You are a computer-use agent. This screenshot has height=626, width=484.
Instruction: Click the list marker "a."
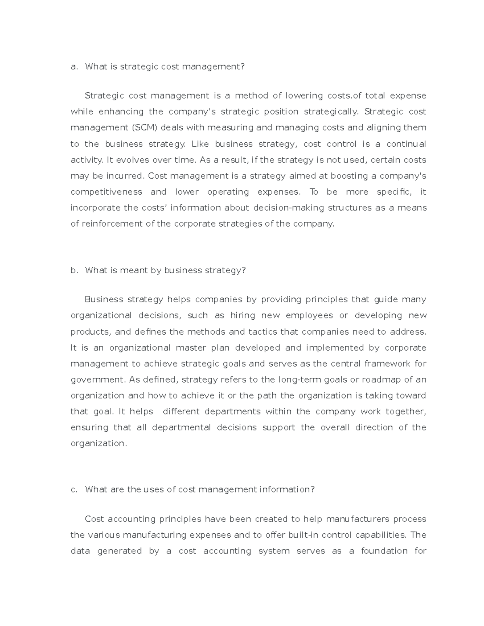(x=73, y=67)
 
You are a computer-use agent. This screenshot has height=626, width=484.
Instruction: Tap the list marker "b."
(x=73, y=270)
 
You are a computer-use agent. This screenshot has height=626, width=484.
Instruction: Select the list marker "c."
(x=73, y=490)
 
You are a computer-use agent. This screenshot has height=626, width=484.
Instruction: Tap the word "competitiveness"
(x=106, y=192)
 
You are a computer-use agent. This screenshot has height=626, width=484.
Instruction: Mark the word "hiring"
(x=242, y=315)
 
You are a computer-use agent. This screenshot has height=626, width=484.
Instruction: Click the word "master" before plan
(x=190, y=347)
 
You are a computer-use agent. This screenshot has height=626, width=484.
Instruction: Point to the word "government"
(x=97, y=380)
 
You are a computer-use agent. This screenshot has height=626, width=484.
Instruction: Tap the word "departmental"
(x=181, y=427)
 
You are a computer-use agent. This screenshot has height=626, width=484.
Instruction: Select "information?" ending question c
(x=287, y=490)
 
